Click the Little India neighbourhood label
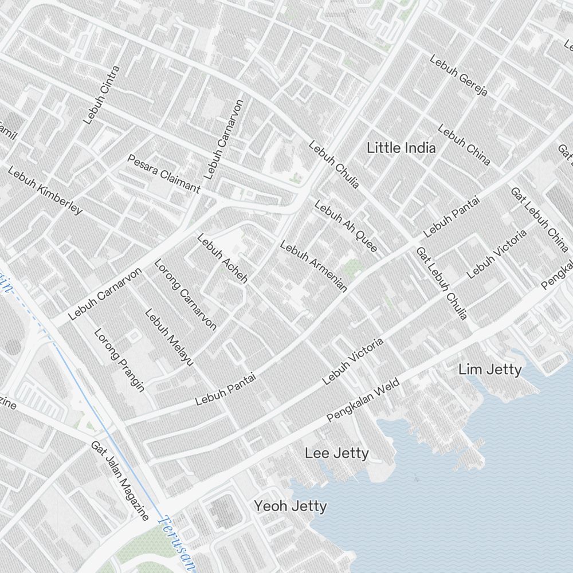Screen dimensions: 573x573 point(401,148)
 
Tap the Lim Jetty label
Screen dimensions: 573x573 point(490,370)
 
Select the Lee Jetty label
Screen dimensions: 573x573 point(336,454)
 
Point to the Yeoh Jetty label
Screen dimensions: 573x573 point(291,506)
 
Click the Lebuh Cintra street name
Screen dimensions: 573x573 point(101,95)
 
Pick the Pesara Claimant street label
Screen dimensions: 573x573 point(164,174)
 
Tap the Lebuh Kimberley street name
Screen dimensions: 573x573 point(45,191)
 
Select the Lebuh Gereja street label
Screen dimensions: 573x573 point(458,76)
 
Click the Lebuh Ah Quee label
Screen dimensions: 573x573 point(346,226)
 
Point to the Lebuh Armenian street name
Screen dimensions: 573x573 point(313,266)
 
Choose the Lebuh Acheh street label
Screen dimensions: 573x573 point(222,258)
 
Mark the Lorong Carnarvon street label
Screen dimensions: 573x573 point(186,295)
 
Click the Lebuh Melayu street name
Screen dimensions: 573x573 point(169,337)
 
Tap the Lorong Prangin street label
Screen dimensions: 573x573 point(119,359)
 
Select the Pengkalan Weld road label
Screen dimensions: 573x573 point(363,402)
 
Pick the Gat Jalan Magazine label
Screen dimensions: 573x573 point(120,481)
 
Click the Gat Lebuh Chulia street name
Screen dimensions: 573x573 point(442,283)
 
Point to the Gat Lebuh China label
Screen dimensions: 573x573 point(539,219)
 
